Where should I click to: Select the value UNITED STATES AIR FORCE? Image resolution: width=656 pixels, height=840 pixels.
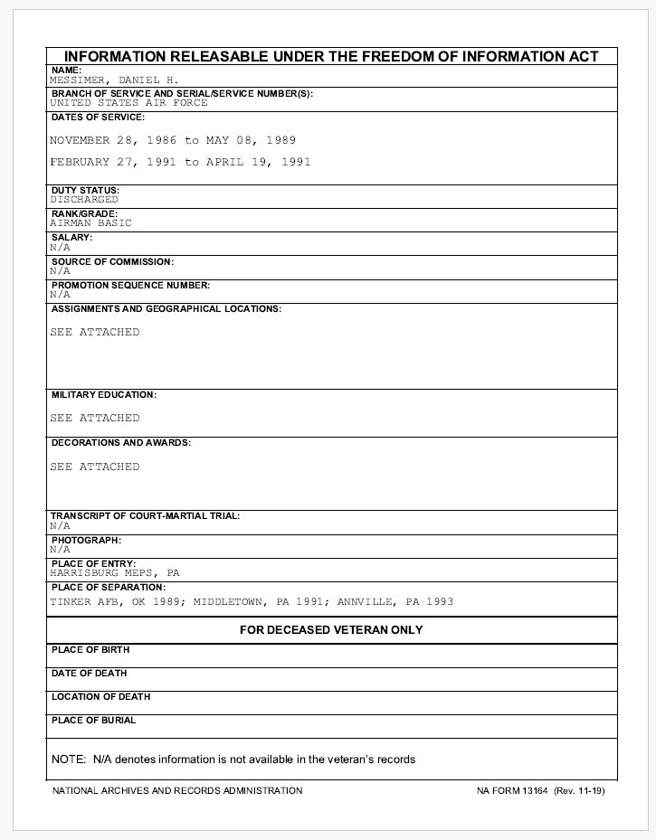(x=128, y=103)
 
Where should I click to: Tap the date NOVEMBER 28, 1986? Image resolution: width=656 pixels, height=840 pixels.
(x=113, y=140)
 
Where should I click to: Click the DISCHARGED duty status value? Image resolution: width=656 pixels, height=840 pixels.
(x=84, y=199)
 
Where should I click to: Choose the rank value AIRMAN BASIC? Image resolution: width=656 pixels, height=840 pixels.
(x=90, y=222)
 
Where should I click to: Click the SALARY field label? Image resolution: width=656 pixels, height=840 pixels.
(x=72, y=238)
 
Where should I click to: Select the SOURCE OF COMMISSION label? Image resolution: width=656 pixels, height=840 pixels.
(x=112, y=261)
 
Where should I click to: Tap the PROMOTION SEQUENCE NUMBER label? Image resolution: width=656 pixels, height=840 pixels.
(x=130, y=285)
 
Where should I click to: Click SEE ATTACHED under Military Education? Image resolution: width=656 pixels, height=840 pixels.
(x=95, y=418)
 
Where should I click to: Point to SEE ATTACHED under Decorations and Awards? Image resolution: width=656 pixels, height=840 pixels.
(x=95, y=467)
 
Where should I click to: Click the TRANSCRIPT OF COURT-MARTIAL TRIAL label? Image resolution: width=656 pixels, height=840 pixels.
(x=145, y=516)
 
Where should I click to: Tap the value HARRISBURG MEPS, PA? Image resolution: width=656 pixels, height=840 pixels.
(x=115, y=572)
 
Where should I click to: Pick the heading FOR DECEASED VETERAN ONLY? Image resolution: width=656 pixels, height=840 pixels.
(x=331, y=629)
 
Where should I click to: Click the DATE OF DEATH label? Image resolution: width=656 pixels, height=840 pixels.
(x=90, y=673)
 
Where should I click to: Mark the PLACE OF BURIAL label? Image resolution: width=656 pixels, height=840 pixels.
(x=93, y=720)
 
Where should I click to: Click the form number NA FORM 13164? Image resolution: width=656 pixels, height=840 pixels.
(x=512, y=790)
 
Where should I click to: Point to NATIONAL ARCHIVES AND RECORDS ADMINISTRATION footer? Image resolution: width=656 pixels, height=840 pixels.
(x=177, y=790)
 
